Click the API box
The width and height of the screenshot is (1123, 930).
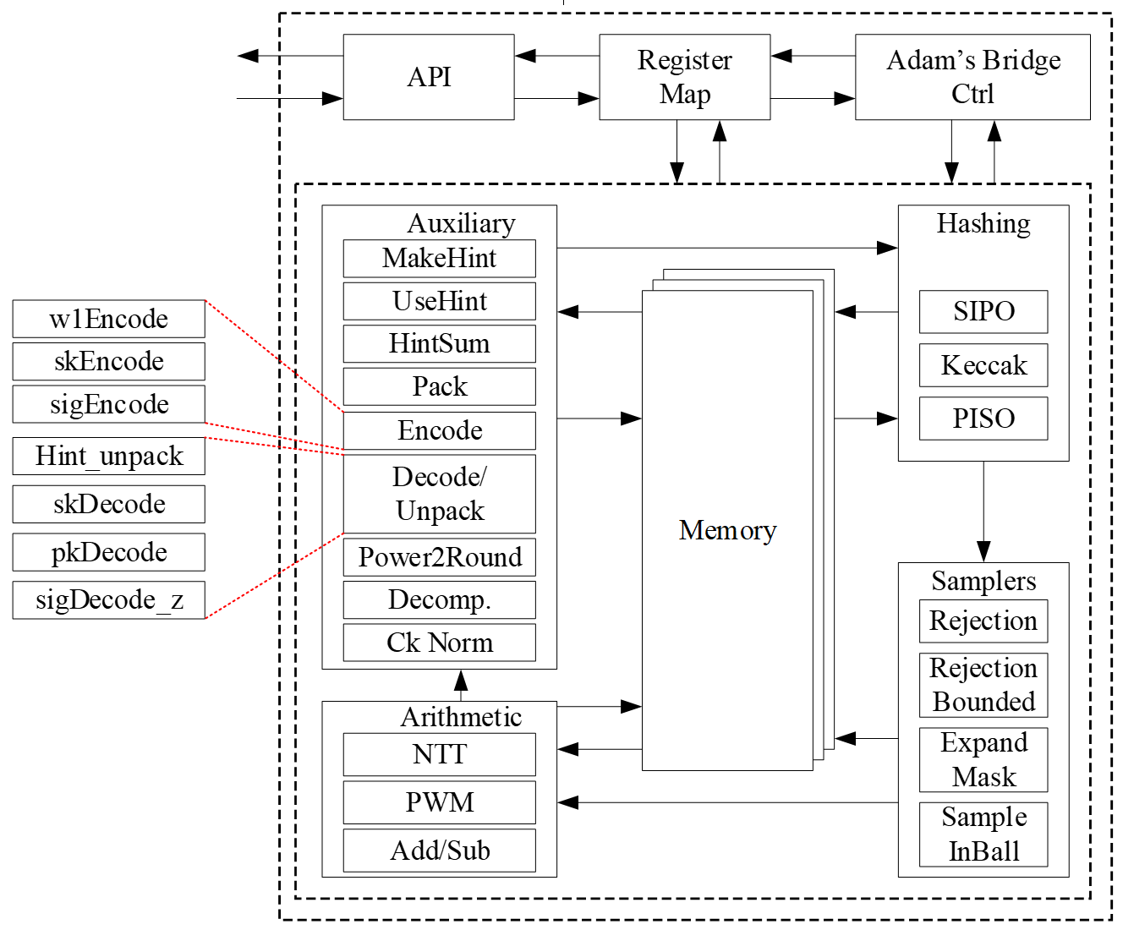tap(429, 77)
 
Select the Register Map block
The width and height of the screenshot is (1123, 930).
tap(684, 77)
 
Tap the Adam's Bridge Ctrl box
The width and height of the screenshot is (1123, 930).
tap(972, 77)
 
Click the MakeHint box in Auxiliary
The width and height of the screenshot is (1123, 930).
tap(439, 258)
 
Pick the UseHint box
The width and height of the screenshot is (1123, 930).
tap(439, 301)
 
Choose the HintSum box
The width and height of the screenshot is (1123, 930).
tap(439, 343)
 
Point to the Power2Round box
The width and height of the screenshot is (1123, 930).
tap(439, 557)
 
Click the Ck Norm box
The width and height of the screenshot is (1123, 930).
tap(439, 643)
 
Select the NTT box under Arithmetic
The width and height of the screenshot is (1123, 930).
tap(439, 754)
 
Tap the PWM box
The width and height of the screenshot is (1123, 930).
tap(439, 802)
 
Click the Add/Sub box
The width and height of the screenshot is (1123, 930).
tap(439, 851)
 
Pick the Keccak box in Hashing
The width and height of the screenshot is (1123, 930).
tap(983, 365)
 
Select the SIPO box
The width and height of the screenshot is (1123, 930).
tap(983, 312)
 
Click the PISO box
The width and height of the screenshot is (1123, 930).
tap(983, 418)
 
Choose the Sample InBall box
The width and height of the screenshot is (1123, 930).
tap(983, 834)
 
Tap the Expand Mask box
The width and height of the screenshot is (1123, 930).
tap(983, 759)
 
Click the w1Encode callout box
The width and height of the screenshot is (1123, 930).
tap(109, 319)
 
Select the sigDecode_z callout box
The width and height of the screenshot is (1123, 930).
tap(109, 600)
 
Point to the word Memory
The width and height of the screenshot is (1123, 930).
tap(727, 530)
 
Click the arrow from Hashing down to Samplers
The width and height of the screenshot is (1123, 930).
tap(983, 511)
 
